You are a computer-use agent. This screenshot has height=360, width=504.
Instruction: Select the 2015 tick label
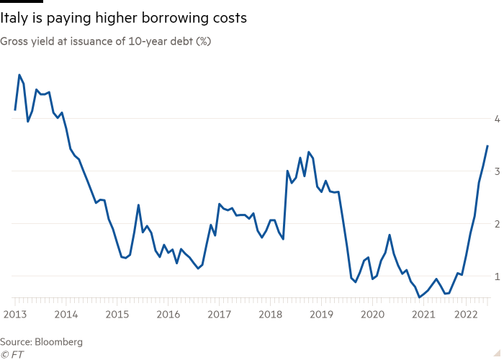coord(117,314)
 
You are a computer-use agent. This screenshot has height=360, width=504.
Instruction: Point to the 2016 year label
coord(168,314)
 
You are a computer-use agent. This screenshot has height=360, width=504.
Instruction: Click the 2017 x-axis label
coord(219,314)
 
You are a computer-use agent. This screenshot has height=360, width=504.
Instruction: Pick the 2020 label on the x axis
coord(372,314)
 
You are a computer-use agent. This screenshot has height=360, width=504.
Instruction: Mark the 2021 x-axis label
coord(423,314)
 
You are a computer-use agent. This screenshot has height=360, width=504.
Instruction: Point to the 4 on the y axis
coord(497,119)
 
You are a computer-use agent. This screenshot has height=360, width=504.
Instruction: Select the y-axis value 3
coord(497,171)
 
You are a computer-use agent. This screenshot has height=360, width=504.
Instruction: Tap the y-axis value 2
coord(497,224)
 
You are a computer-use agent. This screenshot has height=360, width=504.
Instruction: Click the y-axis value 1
coord(497,276)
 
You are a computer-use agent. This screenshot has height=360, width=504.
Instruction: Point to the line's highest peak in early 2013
coord(19,75)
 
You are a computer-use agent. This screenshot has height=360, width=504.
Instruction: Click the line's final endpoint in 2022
coord(487,145)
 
